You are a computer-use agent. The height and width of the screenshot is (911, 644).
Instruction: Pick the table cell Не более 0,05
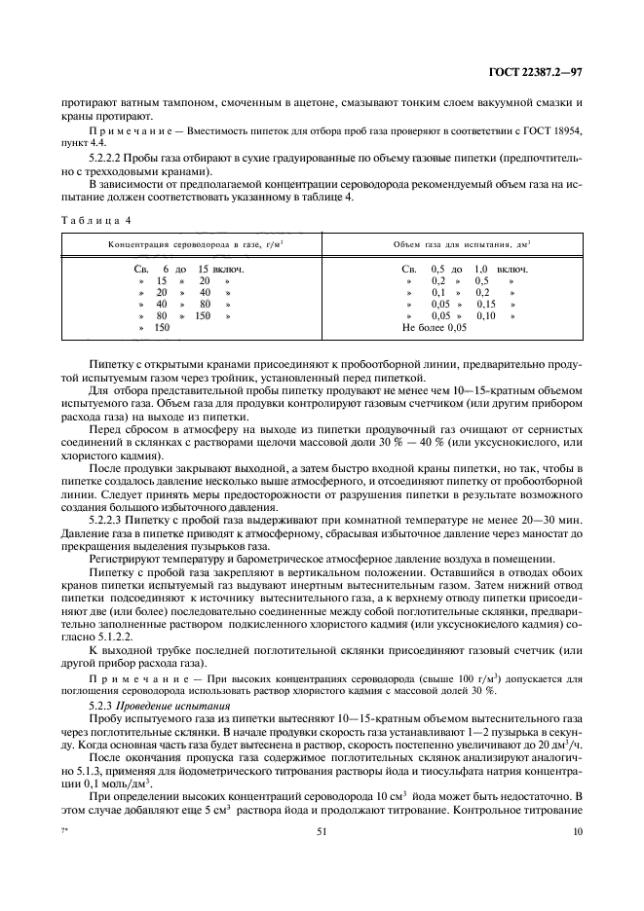coord(435,328)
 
